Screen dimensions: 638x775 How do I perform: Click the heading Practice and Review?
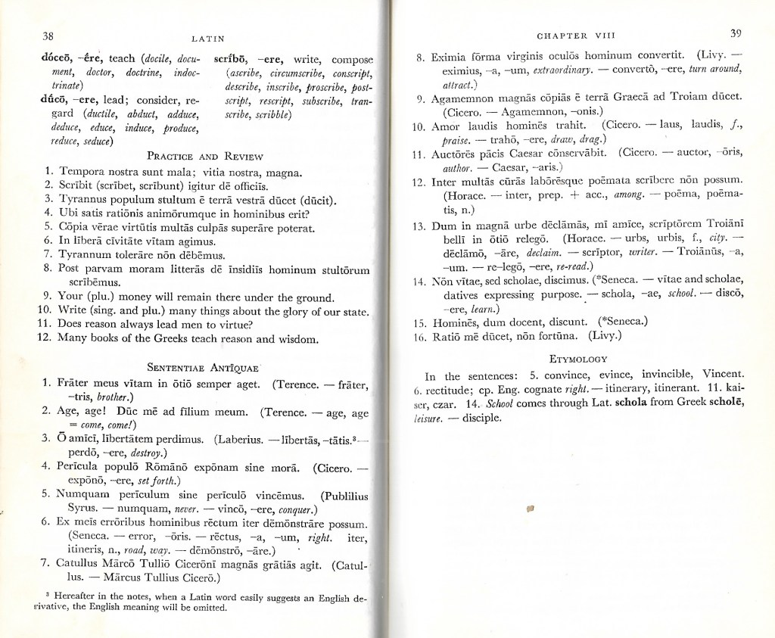(x=204, y=157)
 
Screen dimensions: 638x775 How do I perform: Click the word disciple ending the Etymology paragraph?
(x=477, y=417)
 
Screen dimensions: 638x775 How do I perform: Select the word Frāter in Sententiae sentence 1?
(x=77, y=385)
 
